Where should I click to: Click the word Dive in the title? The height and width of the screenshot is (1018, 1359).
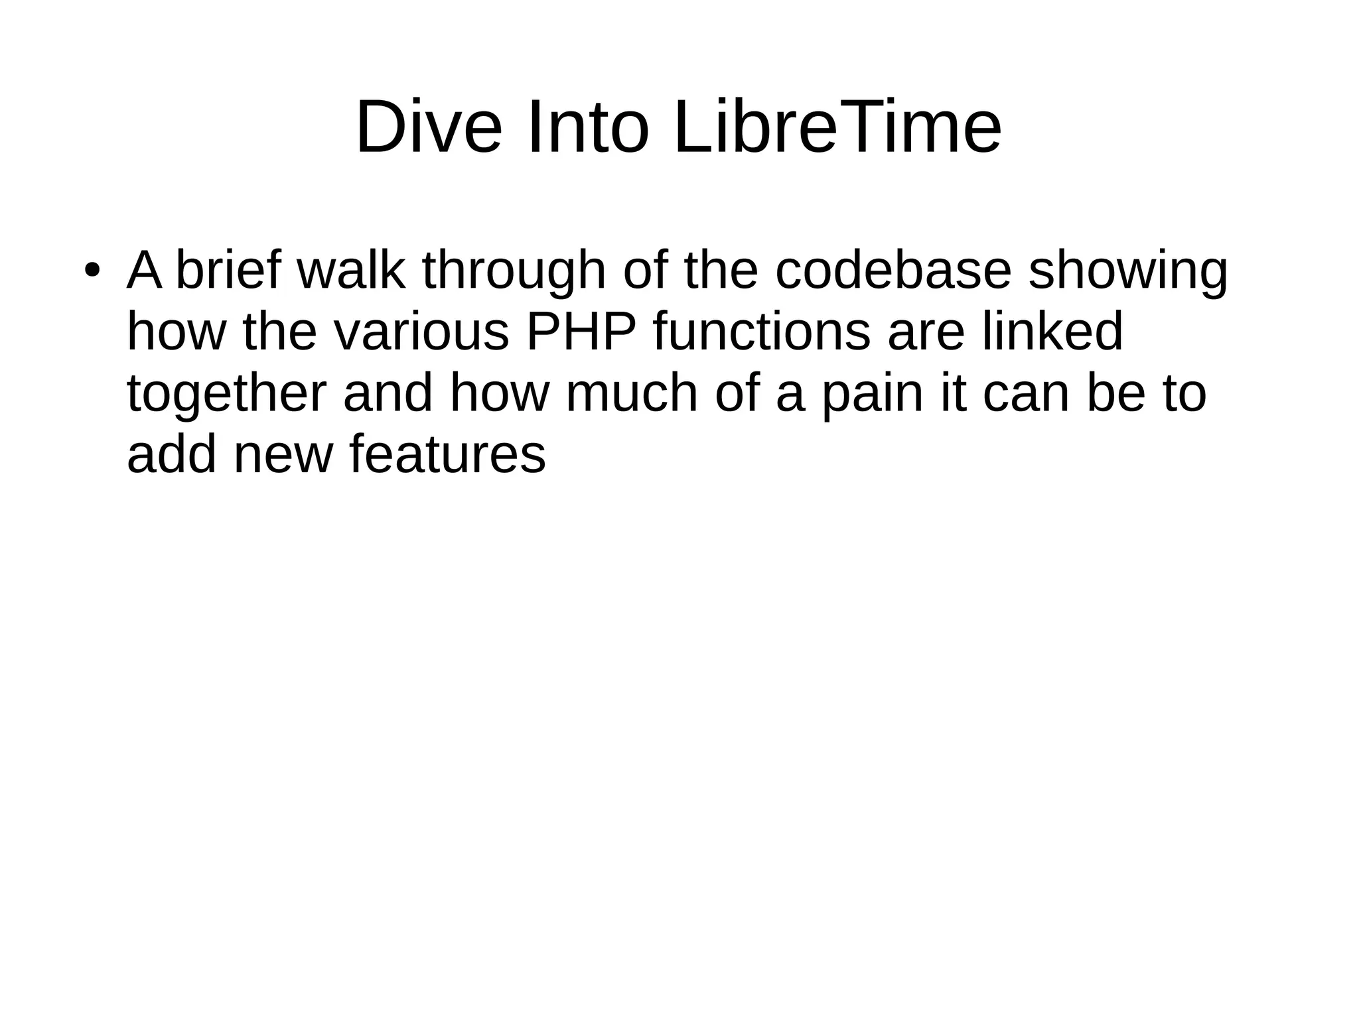click(x=429, y=127)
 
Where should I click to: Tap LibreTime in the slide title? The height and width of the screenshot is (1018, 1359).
click(x=837, y=127)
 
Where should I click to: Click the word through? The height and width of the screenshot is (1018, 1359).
click(x=514, y=273)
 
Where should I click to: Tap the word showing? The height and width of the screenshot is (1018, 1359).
click(x=1128, y=273)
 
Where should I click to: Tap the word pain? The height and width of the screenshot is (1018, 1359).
click(x=873, y=395)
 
